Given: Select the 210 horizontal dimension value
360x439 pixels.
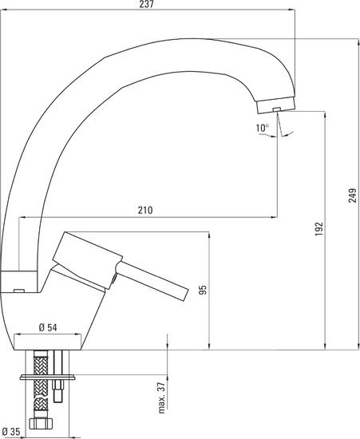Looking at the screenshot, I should pyautogui.click(x=144, y=211).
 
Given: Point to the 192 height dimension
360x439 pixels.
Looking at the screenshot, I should pyautogui.click(x=318, y=228).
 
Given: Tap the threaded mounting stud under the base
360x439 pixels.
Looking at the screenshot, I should pyautogui.click(x=60, y=391).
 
